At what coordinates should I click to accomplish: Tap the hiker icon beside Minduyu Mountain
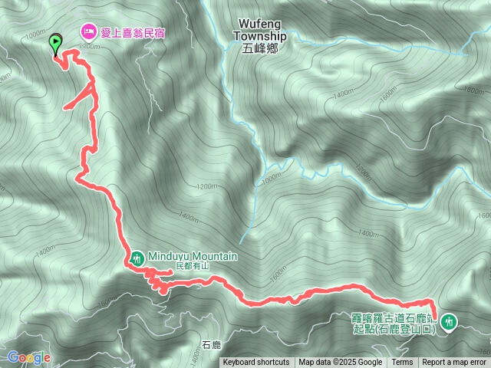(137, 258)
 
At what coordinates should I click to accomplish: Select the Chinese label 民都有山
(192, 266)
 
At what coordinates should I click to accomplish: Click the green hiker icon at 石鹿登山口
(449, 322)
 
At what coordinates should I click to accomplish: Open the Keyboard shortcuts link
(256, 363)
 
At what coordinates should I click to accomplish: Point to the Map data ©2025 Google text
(341, 363)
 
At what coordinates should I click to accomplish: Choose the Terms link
(402, 363)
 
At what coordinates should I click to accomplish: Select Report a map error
(454, 363)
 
